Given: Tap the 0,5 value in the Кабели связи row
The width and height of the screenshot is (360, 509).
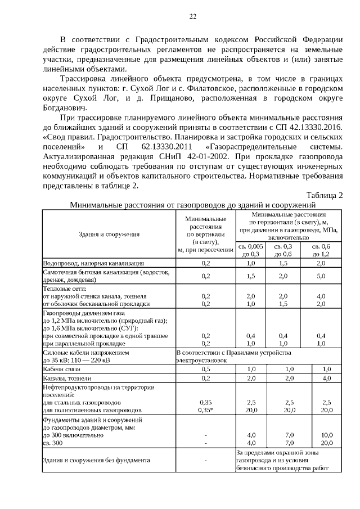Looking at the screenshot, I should click(x=205, y=369).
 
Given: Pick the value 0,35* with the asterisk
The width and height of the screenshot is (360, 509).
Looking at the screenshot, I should click(x=205, y=410).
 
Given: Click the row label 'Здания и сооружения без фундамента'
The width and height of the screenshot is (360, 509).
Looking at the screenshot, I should click(x=96, y=460).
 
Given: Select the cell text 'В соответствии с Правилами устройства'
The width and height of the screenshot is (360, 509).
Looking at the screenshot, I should click(x=233, y=353).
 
